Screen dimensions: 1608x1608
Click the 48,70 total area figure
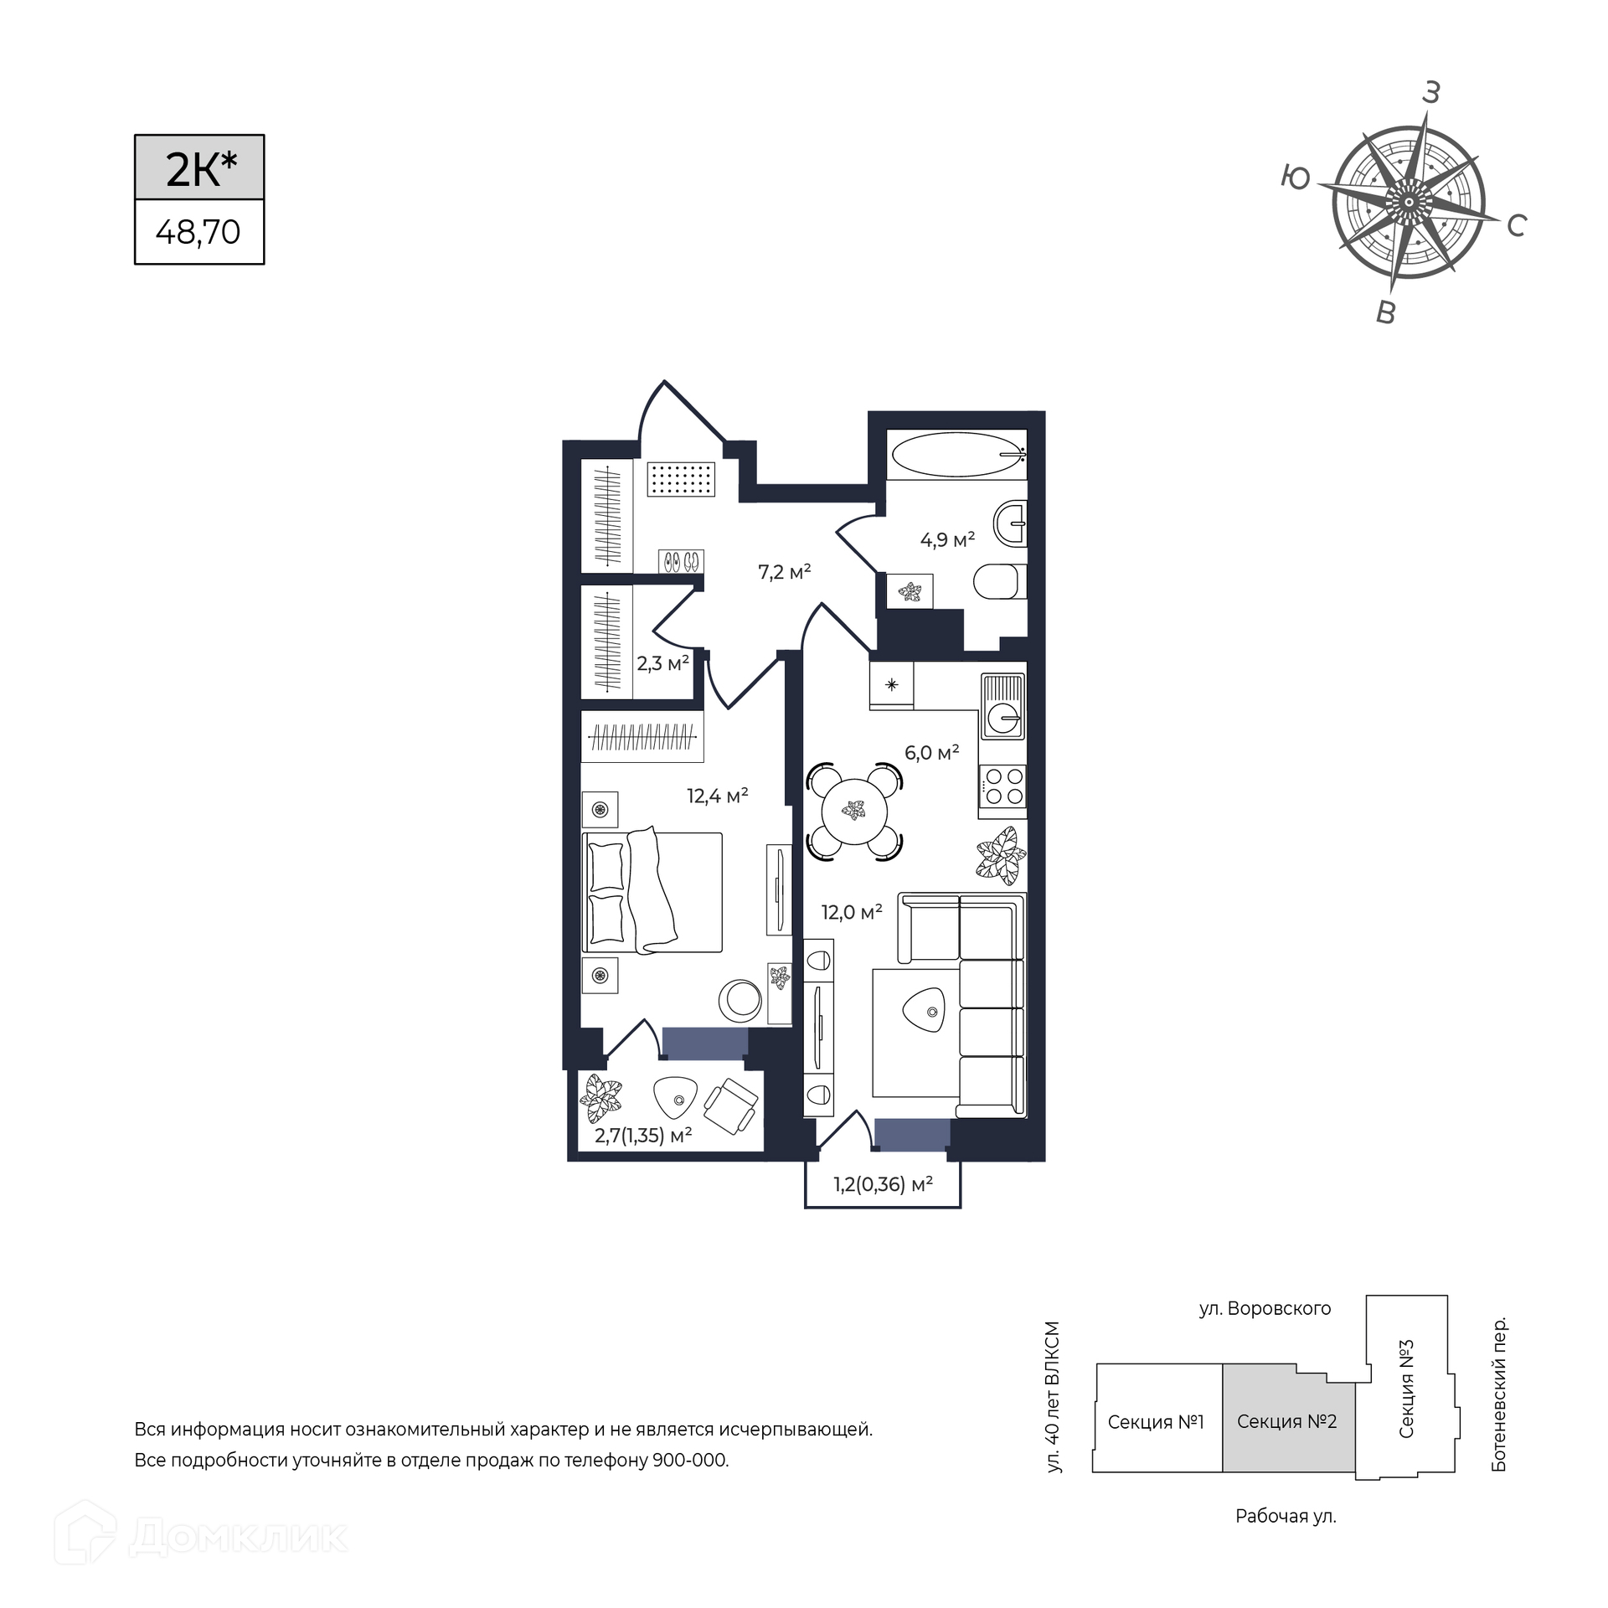[198, 232]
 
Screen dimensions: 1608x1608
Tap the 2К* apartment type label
[201, 168]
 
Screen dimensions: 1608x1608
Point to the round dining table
[854, 810]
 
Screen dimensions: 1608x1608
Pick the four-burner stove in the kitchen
[1002, 787]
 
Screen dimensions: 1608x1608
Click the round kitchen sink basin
[1002, 718]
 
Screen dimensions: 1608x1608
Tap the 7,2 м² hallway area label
[785, 572]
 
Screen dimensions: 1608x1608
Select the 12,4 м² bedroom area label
[718, 796]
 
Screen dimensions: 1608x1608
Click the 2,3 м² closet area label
[662, 664]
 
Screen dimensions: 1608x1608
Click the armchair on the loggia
[730, 1105]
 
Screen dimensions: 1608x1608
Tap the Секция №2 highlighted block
[1288, 1421]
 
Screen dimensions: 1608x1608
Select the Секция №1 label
[1156, 1422]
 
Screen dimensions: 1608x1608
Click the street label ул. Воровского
[1265, 1309]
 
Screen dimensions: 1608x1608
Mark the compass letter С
[1517, 225]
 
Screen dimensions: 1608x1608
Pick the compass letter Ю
[1296, 178]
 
